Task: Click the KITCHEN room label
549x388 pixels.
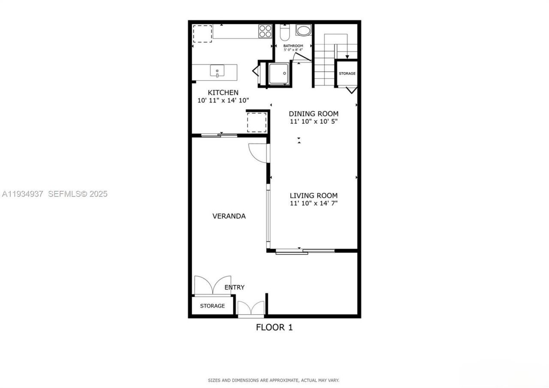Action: click(x=223, y=92)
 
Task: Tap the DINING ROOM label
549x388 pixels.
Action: click(x=313, y=114)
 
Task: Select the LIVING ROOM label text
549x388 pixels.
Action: click(x=313, y=196)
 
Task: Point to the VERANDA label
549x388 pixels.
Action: click(x=229, y=216)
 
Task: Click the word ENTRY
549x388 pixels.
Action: click(x=235, y=287)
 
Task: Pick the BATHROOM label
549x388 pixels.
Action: click(x=293, y=46)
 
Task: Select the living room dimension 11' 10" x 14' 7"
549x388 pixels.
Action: click(x=314, y=203)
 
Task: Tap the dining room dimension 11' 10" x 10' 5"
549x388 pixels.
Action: click(x=314, y=121)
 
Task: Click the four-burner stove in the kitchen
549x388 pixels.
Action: click(x=265, y=31)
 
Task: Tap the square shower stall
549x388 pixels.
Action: click(x=278, y=73)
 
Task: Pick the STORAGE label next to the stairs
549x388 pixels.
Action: click(x=347, y=74)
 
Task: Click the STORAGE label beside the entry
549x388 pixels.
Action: click(x=212, y=306)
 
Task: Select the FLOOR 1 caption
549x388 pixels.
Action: click(x=274, y=327)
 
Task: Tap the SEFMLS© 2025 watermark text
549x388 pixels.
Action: click(x=78, y=194)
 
